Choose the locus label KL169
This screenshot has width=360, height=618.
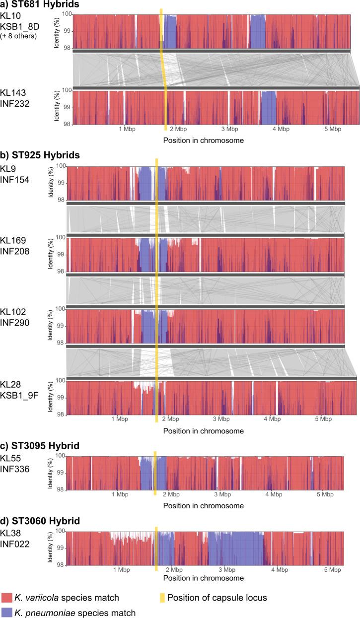tap(12, 241)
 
